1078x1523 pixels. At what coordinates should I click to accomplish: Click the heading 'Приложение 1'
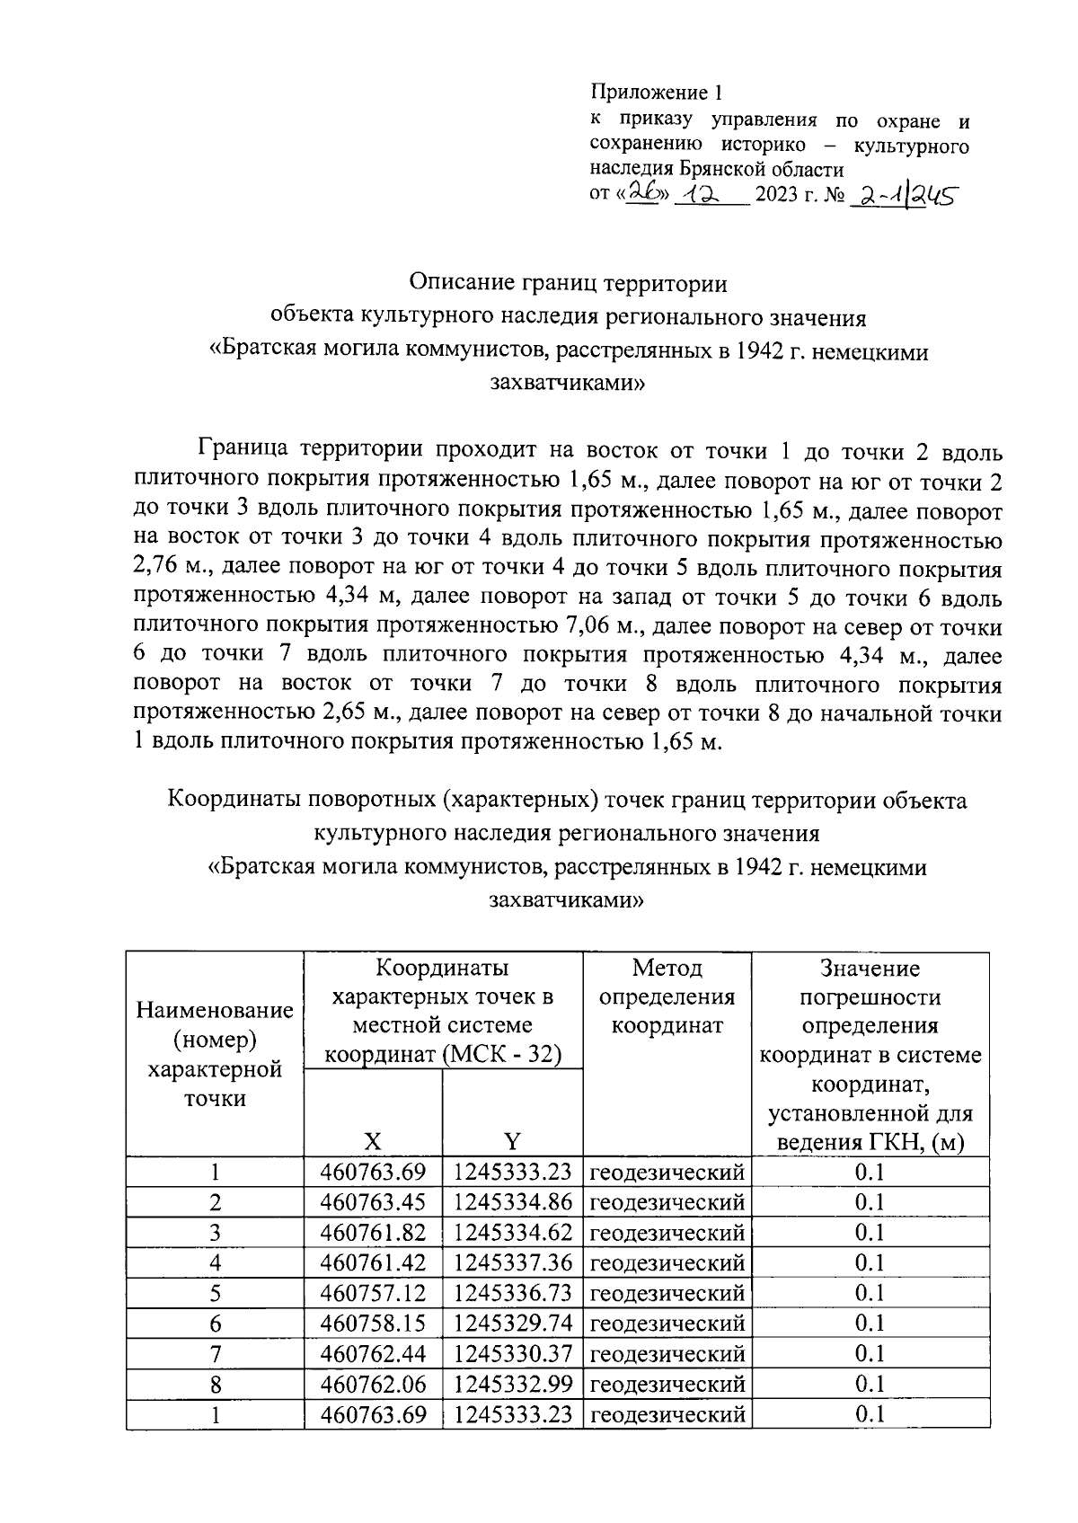click(656, 93)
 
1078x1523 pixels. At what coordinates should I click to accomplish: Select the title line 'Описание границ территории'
click(568, 283)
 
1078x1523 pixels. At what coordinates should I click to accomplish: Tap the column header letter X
click(373, 1141)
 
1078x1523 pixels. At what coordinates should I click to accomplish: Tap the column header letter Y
click(512, 1141)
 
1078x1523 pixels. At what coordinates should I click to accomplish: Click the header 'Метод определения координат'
click(667, 996)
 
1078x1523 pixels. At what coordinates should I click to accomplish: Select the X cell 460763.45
click(373, 1202)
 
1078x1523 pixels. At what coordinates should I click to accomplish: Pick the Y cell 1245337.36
click(513, 1262)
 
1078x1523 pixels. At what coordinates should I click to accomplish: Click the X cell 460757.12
click(373, 1293)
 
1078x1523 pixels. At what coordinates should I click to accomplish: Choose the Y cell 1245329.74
click(513, 1323)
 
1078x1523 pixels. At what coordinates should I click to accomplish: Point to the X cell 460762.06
click(373, 1384)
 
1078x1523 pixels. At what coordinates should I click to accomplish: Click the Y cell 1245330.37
click(513, 1353)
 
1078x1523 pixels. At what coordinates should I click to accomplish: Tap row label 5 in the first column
click(215, 1293)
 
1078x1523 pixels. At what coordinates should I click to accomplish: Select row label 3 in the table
click(215, 1233)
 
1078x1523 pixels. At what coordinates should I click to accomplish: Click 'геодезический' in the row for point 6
click(667, 1323)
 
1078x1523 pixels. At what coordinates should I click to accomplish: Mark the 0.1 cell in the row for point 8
click(870, 1384)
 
